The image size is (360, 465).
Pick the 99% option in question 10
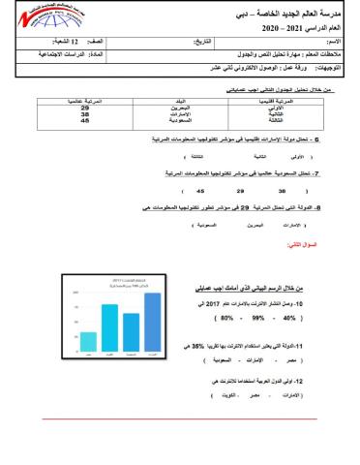click(233, 316)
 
